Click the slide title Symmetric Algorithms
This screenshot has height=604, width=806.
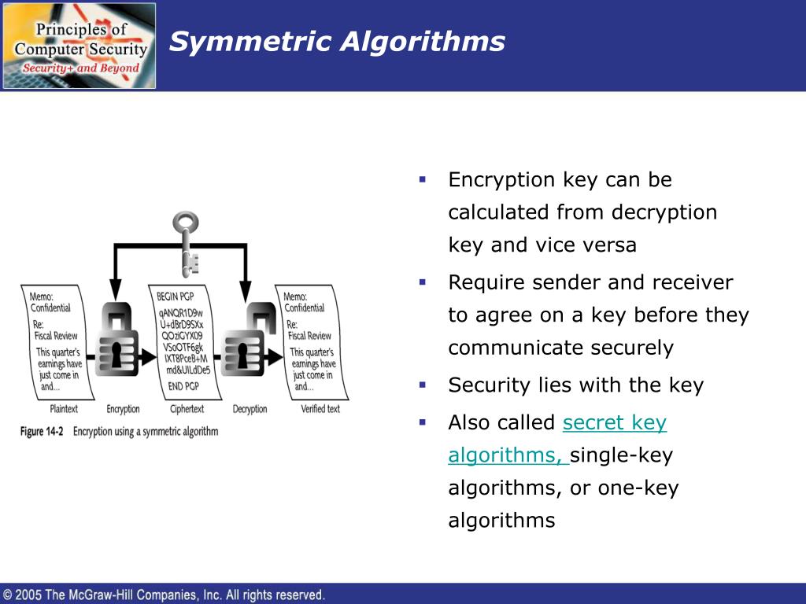click(x=337, y=41)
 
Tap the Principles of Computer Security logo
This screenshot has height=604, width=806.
click(x=79, y=46)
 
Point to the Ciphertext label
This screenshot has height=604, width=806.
click(x=187, y=409)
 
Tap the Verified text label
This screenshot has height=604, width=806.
click(x=320, y=409)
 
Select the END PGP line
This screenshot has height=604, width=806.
click(x=184, y=386)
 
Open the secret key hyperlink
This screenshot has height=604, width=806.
click(x=615, y=422)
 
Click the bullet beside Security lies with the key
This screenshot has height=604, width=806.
click(x=423, y=385)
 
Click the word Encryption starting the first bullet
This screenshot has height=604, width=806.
click(x=501, y=180)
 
